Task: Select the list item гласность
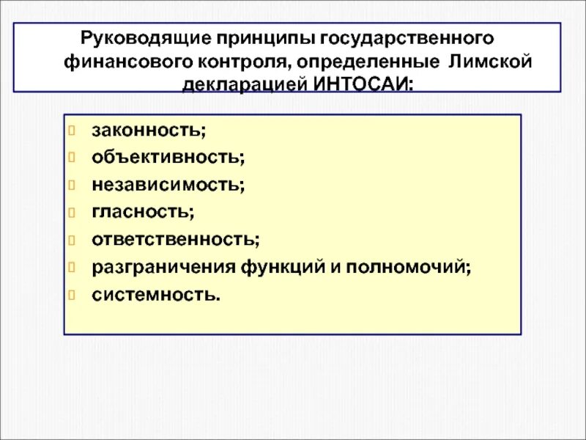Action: point(142,213)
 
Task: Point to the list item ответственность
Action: point(175,240)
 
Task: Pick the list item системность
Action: point(155,295)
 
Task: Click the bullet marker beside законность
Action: point(72,131)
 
